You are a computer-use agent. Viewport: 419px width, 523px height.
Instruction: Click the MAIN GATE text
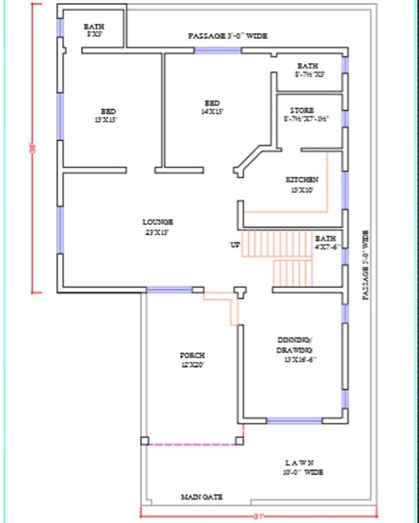click(x=201, y=497)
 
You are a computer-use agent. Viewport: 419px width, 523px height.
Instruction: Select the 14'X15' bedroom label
click(x=212, y=107)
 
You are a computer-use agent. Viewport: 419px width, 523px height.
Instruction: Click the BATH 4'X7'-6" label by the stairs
click(x=325, y=242)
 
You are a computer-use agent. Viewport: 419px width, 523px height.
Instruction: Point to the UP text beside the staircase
click(x=235, y=245)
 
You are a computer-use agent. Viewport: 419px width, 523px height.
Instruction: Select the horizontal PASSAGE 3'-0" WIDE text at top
click(x=228, y=36)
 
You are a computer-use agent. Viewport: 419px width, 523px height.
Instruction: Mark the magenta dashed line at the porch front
click(x=192, y=444)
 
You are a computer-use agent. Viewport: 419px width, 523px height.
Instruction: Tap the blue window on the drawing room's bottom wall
click(x=294, y=420)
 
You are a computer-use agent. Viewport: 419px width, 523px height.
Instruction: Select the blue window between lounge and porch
click(x=169, y=289)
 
